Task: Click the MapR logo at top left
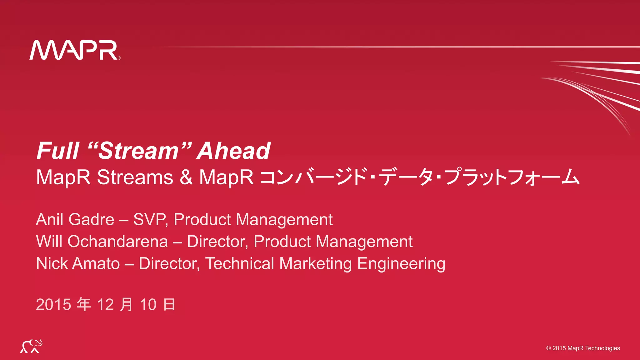pos(74,50)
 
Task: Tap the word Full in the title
pos(58,151)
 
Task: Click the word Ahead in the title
pos(234,151)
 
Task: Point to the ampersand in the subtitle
pos(186,177)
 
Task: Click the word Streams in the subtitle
pos(135,177)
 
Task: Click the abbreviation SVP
pos(150,219)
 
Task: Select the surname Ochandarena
pos(118,242)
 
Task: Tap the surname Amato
pos(96,263)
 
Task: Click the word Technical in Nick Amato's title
pos(240,263)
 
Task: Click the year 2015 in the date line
pos(54,305)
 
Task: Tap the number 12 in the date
pos(105,305)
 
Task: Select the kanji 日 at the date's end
pos(169,305)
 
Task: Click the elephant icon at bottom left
pos(31,346)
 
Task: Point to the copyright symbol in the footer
pos(548,348)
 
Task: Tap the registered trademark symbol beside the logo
pos(119,58)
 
